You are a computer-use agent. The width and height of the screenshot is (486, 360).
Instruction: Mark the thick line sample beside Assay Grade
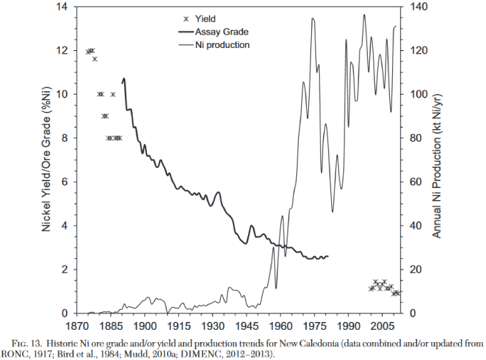[186, 32]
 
